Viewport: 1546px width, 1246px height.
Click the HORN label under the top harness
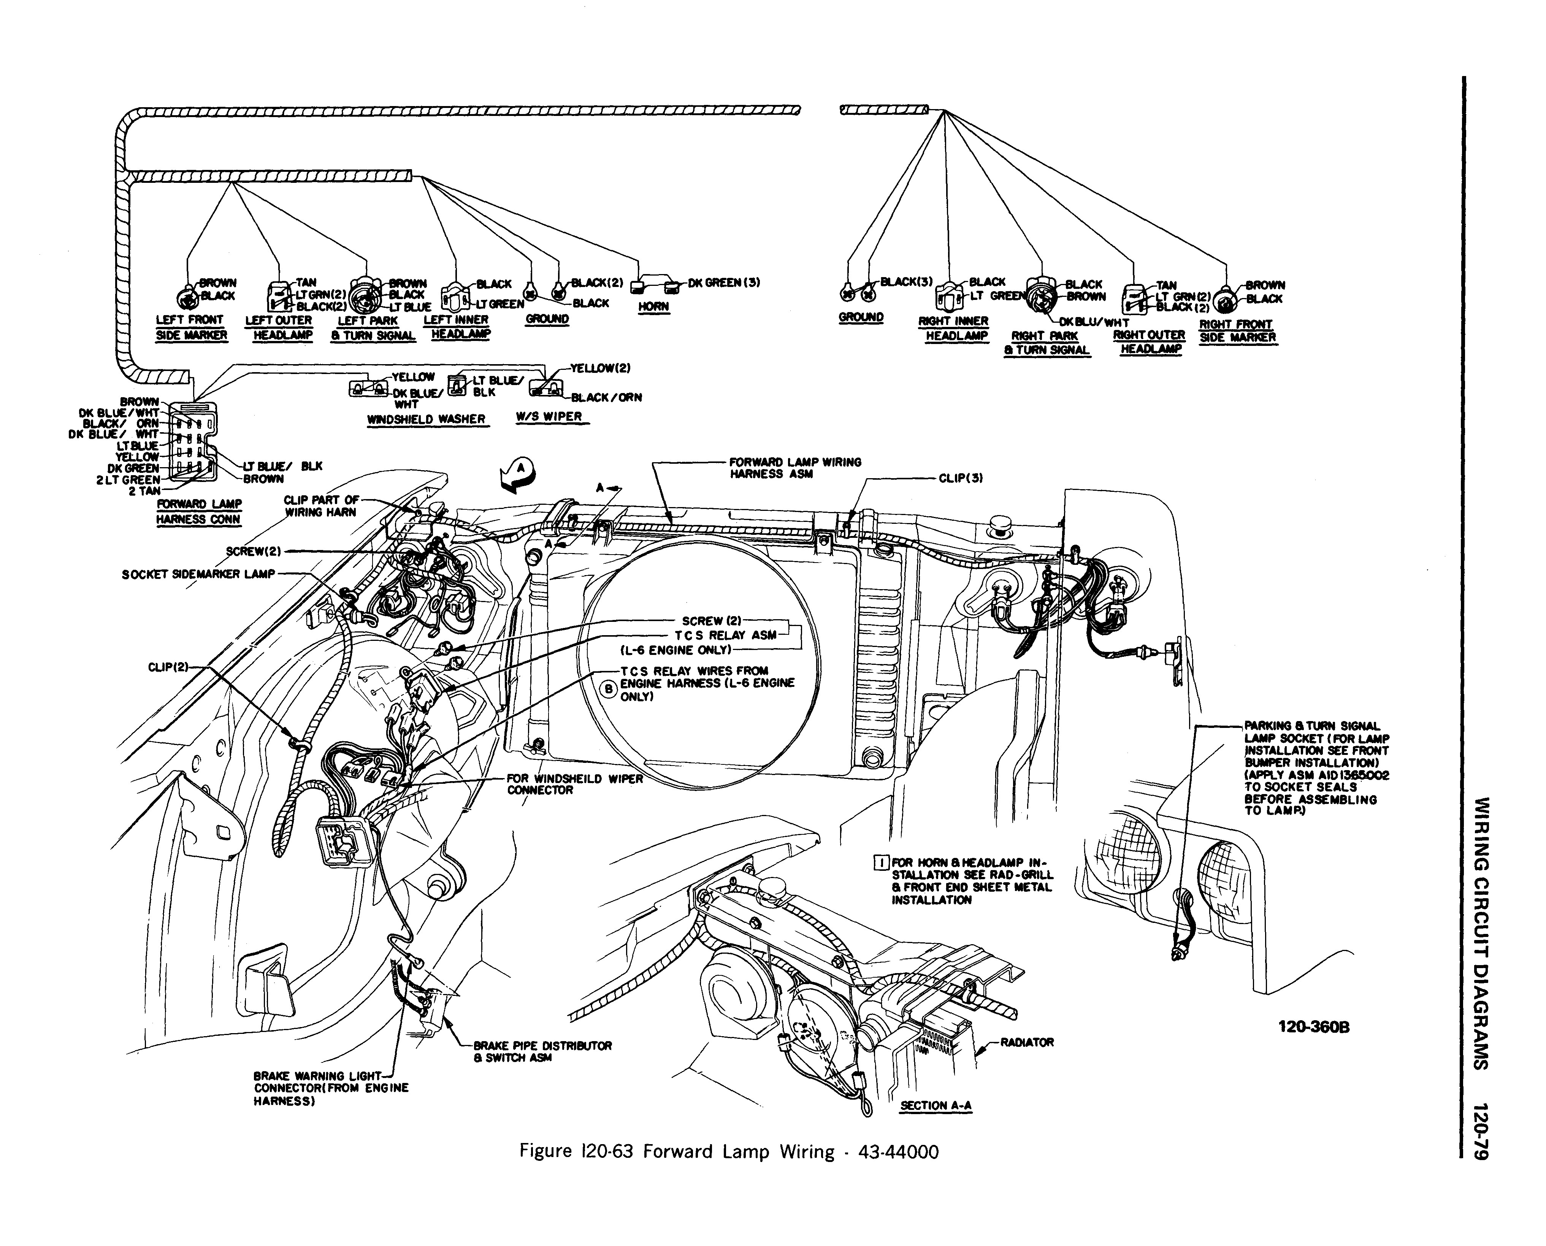point(653,306)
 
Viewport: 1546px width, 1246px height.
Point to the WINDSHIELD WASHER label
point(427,419)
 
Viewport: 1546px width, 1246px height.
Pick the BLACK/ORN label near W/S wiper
point(606,397)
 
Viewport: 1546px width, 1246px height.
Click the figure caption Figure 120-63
point(728,1152)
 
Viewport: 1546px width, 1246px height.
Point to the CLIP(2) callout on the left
point(168,667)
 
